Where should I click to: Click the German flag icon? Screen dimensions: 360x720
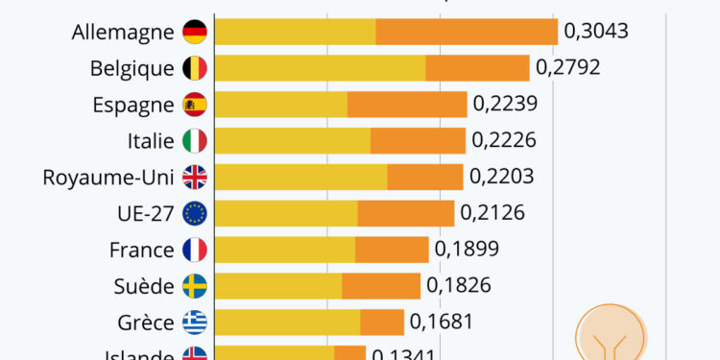click(195, 32)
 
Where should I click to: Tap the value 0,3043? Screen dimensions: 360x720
click(596, 32)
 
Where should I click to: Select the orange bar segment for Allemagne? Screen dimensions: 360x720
click(467, 32)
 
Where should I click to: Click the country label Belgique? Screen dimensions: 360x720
click(132, 68)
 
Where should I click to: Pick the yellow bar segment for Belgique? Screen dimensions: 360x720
click(320, 68)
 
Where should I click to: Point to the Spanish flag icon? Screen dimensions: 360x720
click(195, 105)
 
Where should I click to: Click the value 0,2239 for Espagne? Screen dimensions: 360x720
click(505, 105)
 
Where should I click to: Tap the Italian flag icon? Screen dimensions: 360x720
click(195, 141)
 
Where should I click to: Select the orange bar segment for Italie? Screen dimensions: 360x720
click(418, 141)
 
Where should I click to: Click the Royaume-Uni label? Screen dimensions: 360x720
click(108, 177)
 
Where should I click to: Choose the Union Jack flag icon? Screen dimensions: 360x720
click(195, 177)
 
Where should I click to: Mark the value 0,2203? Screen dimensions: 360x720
click(501, 177)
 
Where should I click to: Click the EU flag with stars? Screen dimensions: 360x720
click(195, 213)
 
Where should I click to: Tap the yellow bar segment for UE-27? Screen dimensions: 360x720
click(286, 213)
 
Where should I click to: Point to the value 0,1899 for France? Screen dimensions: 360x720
click(467, 250)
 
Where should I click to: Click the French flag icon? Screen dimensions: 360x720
click(195, 250)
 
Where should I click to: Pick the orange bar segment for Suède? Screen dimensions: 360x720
click(381, 286)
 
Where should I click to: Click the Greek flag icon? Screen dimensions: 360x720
click(195, 322)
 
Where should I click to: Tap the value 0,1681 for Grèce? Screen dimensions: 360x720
click(442, 322)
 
